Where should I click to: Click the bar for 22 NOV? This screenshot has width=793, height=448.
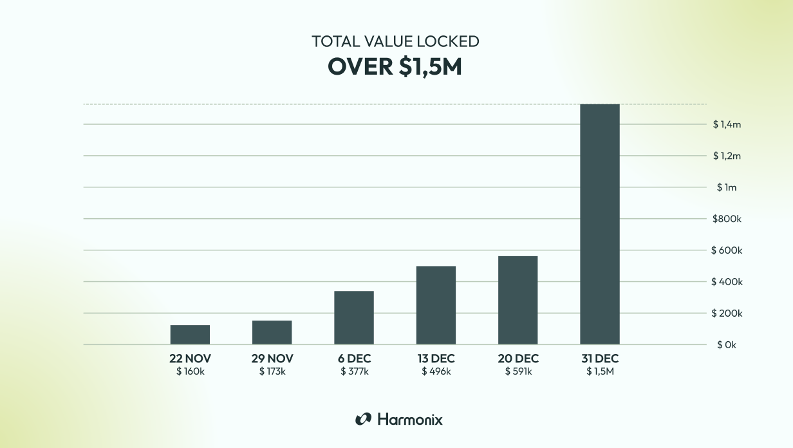[190, 335]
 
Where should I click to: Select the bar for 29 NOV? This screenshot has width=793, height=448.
[272, 332]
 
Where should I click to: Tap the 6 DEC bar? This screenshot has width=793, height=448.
[353, 317]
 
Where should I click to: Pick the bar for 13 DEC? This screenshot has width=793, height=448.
[436, 305]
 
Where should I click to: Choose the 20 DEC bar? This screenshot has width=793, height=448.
[518, 300]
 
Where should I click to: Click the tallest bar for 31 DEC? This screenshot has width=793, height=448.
[599, 224]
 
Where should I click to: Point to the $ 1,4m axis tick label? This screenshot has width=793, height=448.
[727, 124]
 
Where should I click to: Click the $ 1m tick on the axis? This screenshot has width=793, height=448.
[727, 187]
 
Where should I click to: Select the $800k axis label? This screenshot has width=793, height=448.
[727, 219]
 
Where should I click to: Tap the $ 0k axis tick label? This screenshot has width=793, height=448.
[727, 345]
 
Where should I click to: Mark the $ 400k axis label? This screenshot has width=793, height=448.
[727, 282]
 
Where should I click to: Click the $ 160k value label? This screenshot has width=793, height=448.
[190, 371]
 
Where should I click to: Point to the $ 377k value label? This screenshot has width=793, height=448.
[353, 371]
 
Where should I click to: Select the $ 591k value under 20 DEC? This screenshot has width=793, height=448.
[518, 371]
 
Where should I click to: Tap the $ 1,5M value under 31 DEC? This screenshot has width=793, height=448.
[599, 371]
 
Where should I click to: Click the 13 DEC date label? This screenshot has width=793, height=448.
[436, 359]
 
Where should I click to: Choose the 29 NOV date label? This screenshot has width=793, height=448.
[272, 359]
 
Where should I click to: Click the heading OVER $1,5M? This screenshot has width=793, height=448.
[395, 66]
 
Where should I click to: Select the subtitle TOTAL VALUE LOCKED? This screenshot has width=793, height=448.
[395, 41]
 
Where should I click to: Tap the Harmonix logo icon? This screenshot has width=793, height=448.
[363, 419]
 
